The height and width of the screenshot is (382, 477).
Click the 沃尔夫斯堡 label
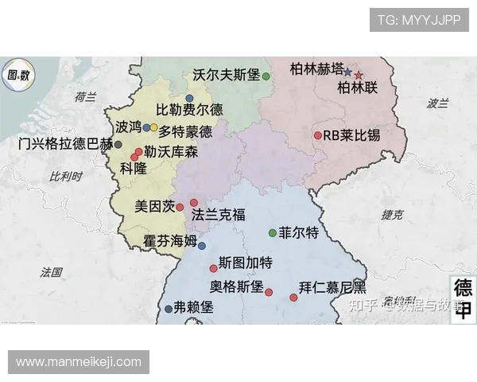point(227,76)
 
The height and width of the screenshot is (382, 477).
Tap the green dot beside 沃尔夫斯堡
point(266,76)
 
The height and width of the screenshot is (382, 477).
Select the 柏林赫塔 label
point(317,68)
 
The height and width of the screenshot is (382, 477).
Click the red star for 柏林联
point(359,76)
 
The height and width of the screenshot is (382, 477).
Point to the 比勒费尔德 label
point(190,110)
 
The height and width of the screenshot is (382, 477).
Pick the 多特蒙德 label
point(186,131)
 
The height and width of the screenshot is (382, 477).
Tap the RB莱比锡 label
point(352,135)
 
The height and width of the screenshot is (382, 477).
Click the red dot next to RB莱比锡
point(317,135)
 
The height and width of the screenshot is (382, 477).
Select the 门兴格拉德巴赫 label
point(65,144)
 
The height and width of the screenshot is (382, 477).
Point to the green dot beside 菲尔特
point(273,233)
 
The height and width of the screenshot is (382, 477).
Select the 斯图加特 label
point(246,263)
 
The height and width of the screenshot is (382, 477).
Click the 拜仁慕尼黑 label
point(332,286)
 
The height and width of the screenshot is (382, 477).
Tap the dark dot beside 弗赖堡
point(169,309)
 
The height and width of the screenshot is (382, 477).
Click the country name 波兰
point(438,103)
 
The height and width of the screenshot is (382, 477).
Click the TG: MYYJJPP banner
point(419,20)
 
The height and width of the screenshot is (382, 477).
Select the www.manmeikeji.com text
point(79,362)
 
